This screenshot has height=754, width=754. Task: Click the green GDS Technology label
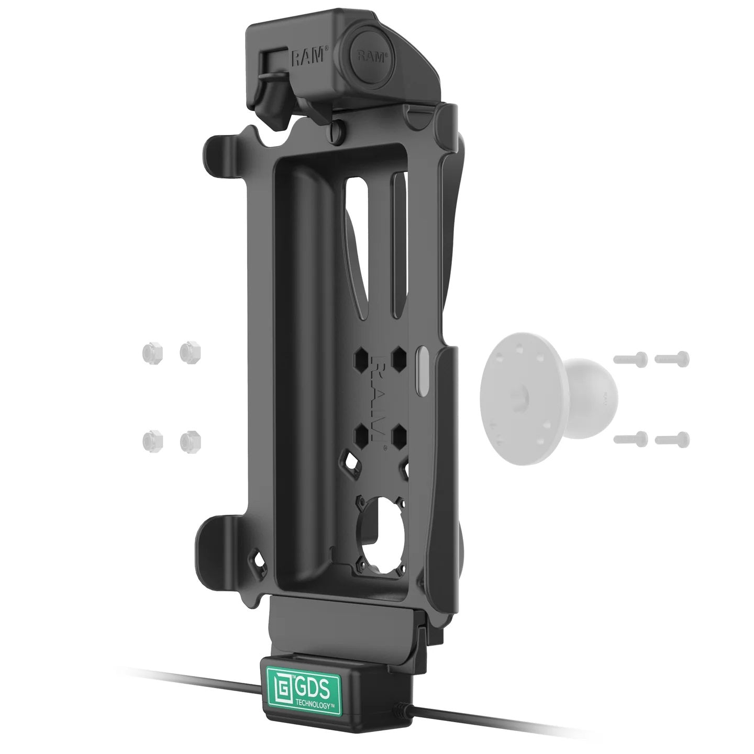(x=304, y=680)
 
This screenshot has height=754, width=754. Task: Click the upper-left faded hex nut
(x=152, y=354)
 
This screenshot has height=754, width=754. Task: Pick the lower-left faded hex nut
(x=152, y=442)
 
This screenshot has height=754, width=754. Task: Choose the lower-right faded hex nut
(x=191, y=441)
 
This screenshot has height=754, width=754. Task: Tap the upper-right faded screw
(x=672, y=359)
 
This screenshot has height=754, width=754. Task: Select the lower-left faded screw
(x=630, y=439)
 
